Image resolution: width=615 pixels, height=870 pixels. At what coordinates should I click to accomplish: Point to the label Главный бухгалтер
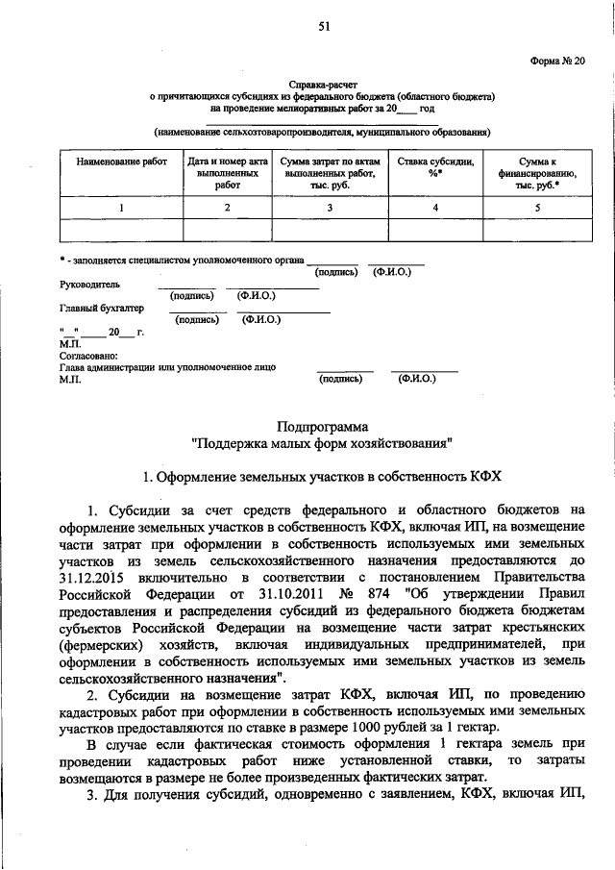point(101,309)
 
